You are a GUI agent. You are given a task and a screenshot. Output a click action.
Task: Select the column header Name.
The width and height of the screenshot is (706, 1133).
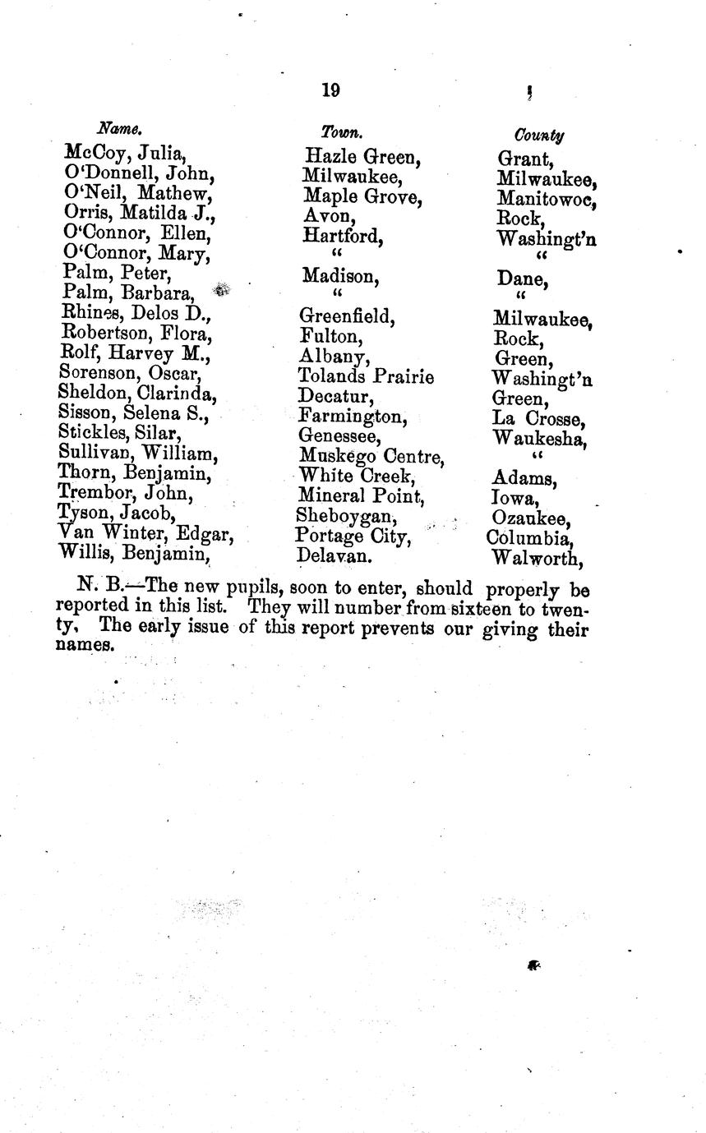point(121,128)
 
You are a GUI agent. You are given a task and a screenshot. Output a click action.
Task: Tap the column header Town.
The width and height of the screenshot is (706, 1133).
point(341,131)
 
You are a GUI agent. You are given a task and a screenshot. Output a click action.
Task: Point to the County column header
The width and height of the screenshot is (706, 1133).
point(538,134)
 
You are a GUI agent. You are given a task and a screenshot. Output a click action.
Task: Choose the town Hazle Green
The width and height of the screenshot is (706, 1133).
point(362,156)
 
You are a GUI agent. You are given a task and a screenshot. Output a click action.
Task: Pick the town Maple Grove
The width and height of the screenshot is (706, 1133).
point(362,197)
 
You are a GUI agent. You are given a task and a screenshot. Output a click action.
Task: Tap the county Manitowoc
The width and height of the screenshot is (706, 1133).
point(547,200)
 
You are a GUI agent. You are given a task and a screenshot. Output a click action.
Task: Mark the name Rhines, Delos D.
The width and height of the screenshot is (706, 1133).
point(136,313)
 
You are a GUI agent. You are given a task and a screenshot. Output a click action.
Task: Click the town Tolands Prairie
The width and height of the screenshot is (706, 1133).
point(366,377)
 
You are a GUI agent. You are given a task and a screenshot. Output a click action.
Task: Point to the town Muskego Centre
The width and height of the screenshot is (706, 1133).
point(371,456)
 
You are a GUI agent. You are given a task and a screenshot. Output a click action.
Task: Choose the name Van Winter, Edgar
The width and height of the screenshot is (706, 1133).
point(146,536)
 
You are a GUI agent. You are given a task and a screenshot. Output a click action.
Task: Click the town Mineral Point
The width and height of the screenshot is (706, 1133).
point(361,496)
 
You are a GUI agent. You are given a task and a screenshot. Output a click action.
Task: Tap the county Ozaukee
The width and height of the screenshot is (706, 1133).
point(531,519)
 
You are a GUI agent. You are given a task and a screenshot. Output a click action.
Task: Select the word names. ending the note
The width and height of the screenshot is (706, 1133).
point(85,647)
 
